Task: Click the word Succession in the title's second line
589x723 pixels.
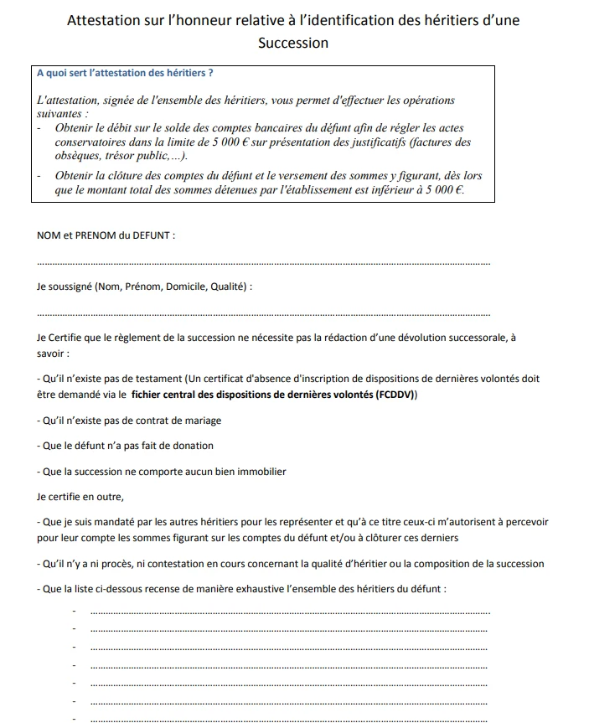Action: tap(293, 42)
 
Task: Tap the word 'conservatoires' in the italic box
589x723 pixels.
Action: tap(90, 142)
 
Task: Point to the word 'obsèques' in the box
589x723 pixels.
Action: tap(76, 156)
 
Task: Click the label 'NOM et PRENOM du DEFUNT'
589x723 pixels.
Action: tap(105, 235)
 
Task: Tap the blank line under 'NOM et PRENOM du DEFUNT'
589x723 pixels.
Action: tap(264, 265)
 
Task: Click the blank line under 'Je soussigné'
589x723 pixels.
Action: tap(264, 315)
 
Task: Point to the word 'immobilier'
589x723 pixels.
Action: tap(260, 472)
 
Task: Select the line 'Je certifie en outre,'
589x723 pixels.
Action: tap(80, 496)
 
